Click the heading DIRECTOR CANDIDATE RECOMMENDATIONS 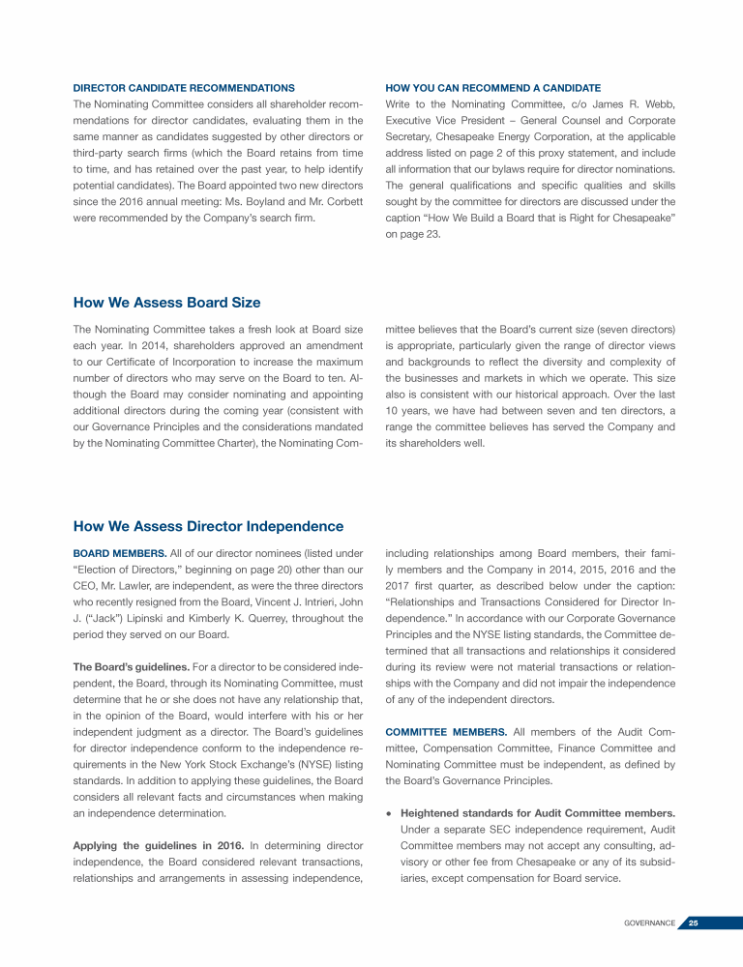184,88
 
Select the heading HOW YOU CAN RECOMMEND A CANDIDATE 492,88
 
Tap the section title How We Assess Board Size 166,304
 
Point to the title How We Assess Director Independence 208,526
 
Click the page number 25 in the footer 694,923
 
